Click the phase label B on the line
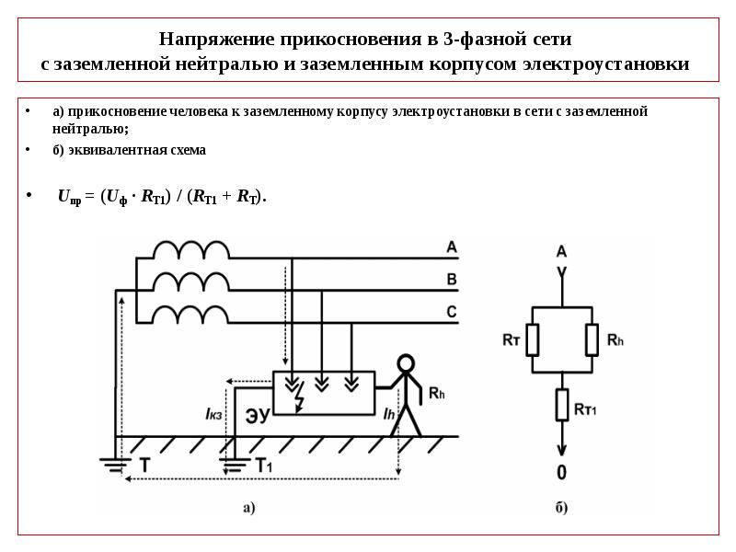[x=452, y=280]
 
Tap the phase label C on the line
[x=452, y=312]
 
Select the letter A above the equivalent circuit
[x=561, y=251]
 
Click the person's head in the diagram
[x=406, y=363]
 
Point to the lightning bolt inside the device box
[x=299, y=397]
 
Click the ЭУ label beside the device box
[x=258, y=415]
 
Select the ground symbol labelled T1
[x=235, y=465]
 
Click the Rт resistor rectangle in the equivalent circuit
[x=533, y=339]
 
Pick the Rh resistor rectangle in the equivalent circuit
[x=592, y=339]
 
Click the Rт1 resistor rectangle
[x=562, y=405]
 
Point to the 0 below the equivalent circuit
[x=561, y=472]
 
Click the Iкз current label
[x=213, y=414]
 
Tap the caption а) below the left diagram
[x=248, y=508]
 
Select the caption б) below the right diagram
[x=561, y=508]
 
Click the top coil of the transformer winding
[x=191, y=250]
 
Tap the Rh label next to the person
[x=436, y=394]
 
